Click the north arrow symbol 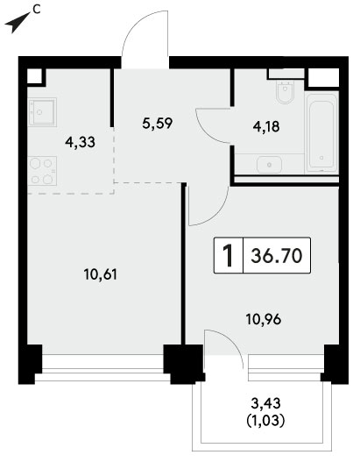[x=17, y=23]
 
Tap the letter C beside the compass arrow [x=36, y=10]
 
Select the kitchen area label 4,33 [x=81, y=142]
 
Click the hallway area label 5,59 [x=157, y=123]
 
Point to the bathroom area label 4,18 [x=266, y=127]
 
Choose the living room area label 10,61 [x=101, y=274]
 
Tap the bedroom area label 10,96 [x=264, y=319]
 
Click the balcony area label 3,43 [x=265, y=403]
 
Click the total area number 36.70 [x=277, y=255]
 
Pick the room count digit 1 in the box [x=228, y=255]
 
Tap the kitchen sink [x=43, y=112]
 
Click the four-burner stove [x=42, y=171]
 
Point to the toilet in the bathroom [x=286, y=92]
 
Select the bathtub [x=321, y=132]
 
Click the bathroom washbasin [x=269, y=165]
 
